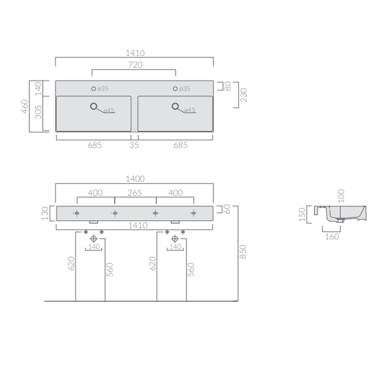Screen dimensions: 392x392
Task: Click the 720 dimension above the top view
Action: click(135, 65)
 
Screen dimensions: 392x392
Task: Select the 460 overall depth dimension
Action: click(25, 106)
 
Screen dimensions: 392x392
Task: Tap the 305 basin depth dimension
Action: click(38, 112)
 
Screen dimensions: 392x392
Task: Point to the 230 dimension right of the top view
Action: click(243, 95)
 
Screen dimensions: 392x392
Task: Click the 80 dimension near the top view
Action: click(228, 86)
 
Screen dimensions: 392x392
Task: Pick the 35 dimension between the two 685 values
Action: click(134, 145)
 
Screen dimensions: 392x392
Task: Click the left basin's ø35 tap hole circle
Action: click(94, 89)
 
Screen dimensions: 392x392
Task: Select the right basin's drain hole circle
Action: click(175, 106)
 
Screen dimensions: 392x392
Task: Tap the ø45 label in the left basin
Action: click(109, 111)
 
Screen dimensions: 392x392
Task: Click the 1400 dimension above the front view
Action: click(135, 179)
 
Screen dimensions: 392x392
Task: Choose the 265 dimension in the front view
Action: click(135, 193)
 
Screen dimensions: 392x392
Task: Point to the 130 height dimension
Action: click(45, 213)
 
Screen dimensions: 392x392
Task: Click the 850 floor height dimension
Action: click(243, 252)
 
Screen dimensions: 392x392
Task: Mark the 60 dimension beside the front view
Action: click(227, 209)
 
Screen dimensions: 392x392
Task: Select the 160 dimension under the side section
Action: click(332, 237)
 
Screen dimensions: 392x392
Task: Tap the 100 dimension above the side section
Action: click(341, 196)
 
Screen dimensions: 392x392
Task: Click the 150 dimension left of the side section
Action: click(302, 214)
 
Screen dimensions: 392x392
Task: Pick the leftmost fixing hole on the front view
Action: click(77, 213)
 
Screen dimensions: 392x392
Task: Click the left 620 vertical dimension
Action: click(71, 263)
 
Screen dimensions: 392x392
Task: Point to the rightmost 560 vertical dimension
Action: click(191, 269)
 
